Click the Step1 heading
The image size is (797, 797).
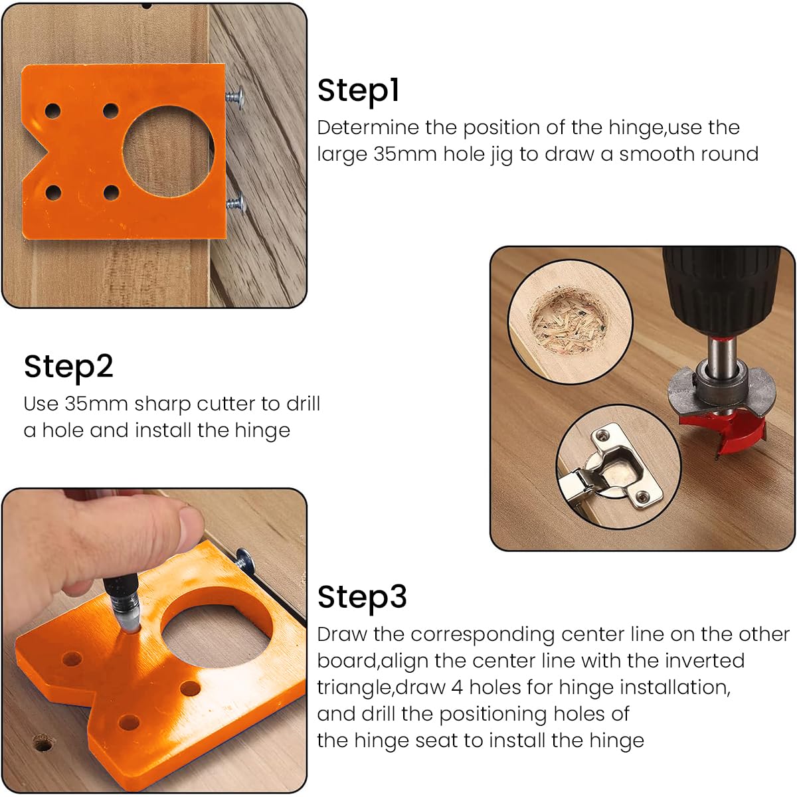(358, 91)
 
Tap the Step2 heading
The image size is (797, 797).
(68, 367)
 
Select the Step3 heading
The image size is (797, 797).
(362, 597)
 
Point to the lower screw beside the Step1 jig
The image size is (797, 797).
(236, 203)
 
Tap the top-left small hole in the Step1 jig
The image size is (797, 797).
(53, 110)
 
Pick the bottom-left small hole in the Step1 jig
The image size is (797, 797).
(53, 193)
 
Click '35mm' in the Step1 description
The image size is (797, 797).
(404, 154)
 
